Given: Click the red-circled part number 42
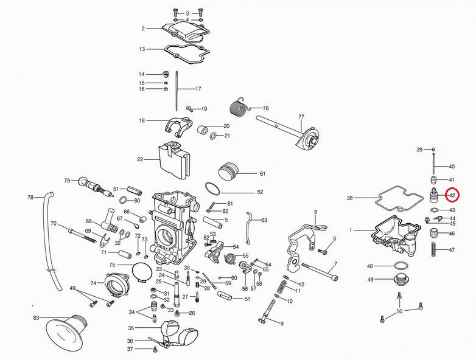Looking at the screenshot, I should coord(452,195).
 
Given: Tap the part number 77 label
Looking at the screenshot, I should coord(301,116).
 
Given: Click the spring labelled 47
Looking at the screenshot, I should coord(435,250).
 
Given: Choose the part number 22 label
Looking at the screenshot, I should coord(140,160).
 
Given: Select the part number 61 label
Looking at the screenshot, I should coord(262,174).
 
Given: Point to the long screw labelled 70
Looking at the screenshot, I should coord(82,234).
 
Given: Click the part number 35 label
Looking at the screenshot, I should coord(130,328).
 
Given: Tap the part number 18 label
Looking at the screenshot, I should coord(142,121).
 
